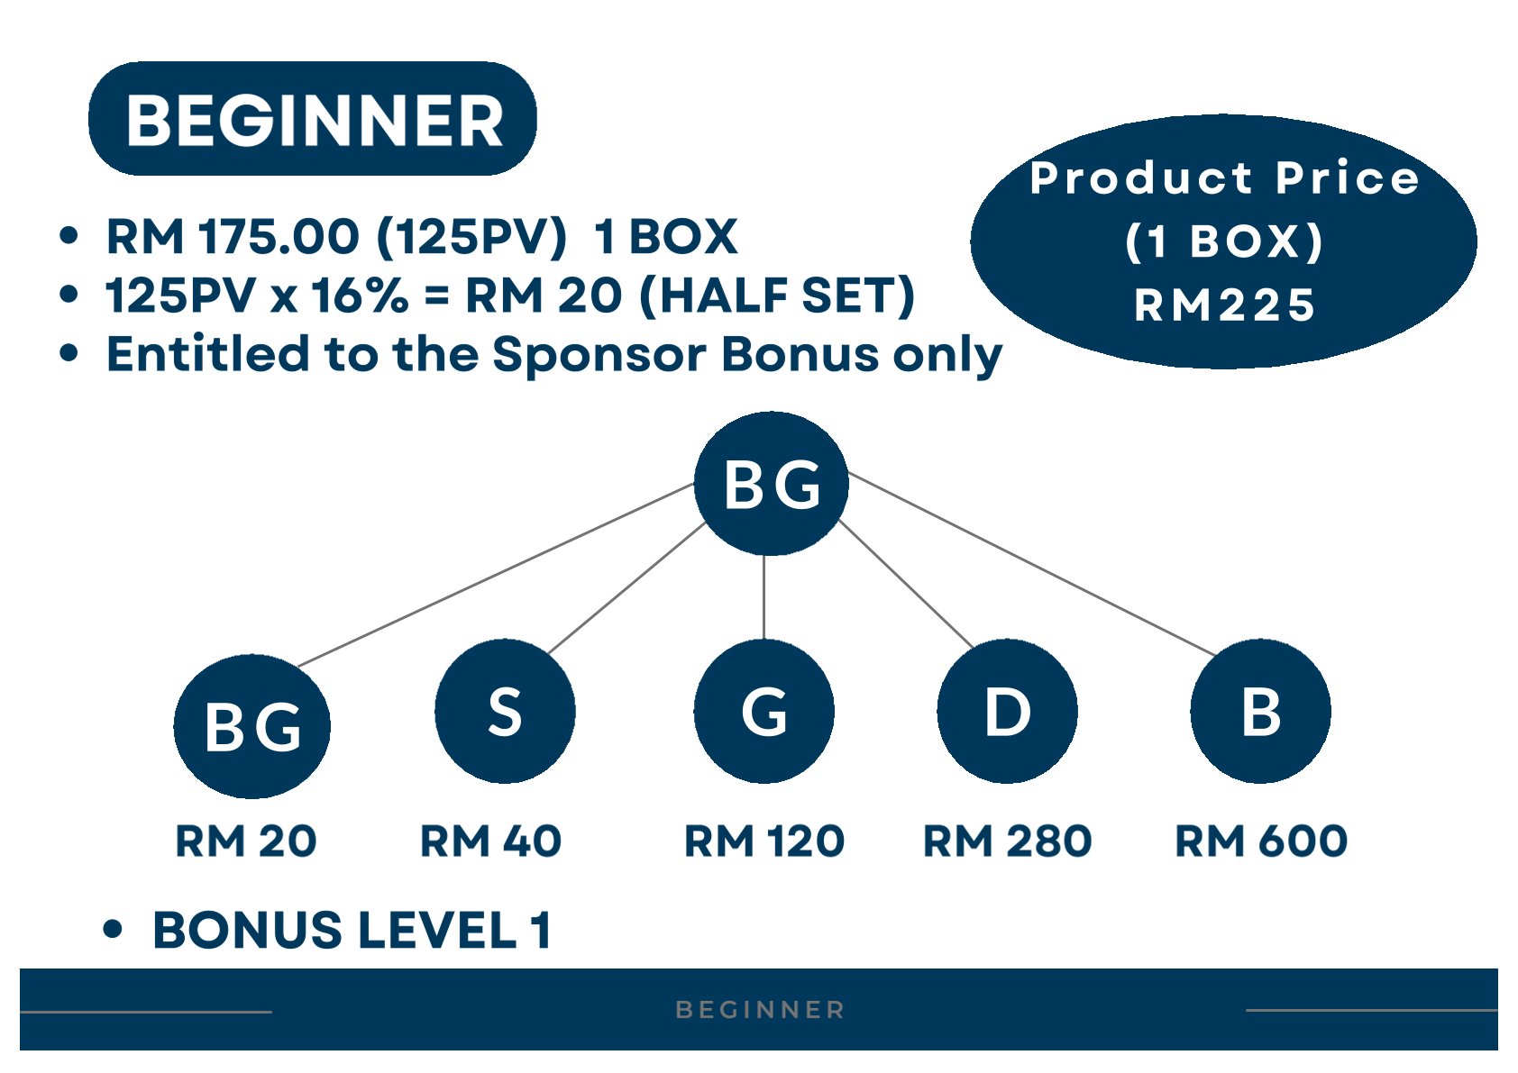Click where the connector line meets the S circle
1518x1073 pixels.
coord(547,654)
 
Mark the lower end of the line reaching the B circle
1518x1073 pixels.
coord(1214,655)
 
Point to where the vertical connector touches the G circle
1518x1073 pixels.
coord(764,640)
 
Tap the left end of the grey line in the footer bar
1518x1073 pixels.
coord(21,1012)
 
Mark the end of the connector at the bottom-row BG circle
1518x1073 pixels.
coord(298,666)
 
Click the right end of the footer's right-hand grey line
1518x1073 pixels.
coord(1497,1011)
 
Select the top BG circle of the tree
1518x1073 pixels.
coord(772,484)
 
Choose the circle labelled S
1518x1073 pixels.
coord(505,711)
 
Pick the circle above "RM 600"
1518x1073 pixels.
coord(1260,711)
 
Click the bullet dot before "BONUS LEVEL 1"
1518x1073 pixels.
coord(113,929)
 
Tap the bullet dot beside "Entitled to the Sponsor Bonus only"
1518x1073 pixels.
coord(69,353)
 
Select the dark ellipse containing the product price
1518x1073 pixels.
coord(1224,241)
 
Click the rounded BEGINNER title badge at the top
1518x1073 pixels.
coord(313,119)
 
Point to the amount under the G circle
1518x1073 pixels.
coord(764,841)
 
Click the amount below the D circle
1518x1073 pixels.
coord(1007,841)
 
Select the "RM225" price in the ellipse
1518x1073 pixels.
coord(1224,305)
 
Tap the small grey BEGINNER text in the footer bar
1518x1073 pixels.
coord(761,1010)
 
